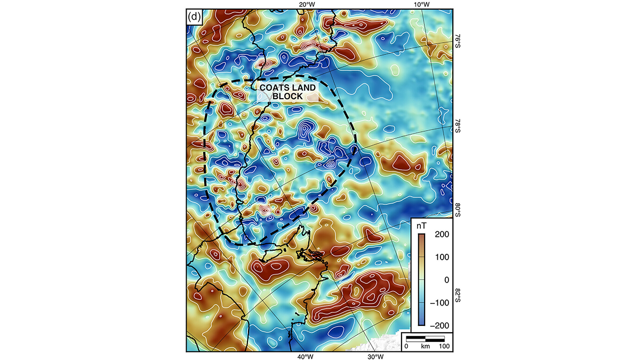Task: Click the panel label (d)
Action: [194, 17]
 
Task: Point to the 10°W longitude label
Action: [422, 5]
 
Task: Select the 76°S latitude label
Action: [458, 42]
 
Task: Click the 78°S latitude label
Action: [458, 126]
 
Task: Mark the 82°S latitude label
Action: [458, 294]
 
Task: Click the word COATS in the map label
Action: [273, 87]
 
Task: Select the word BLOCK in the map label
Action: [287, 97]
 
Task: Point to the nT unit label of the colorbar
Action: [421, 226]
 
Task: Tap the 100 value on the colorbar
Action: [442, 257]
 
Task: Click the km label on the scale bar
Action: [425, 347]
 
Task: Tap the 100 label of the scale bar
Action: [444, 347]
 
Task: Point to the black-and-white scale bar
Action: [425, 339]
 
